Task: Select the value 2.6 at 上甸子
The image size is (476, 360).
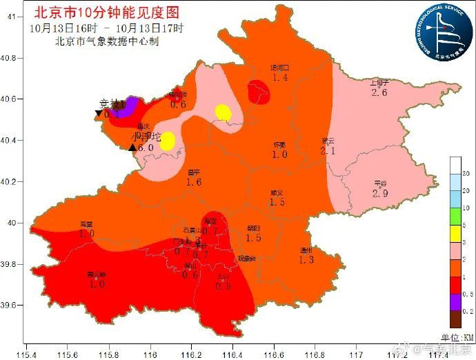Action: (379, 92)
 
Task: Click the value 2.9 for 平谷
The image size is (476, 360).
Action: (380, 194)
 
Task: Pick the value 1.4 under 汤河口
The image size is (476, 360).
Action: (280, 78)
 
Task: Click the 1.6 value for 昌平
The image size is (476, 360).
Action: (194, 182)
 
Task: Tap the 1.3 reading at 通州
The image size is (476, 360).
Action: (306, 260)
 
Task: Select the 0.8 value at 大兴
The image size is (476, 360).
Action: (223, 286)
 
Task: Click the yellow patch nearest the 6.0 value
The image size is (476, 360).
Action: (168, 140)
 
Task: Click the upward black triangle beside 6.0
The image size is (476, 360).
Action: (132, 147)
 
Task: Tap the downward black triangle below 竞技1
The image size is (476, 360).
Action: (99, 114)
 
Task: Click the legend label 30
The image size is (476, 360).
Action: (466, 173)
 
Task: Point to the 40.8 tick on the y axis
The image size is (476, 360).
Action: (12, 58)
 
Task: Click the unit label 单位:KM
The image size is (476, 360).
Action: (456, 336)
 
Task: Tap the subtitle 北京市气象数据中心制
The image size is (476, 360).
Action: (107, 41)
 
